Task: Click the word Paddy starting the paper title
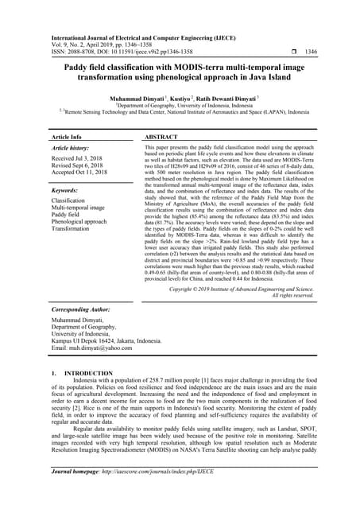77,69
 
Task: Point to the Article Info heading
71,137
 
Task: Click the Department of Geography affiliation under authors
180,104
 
